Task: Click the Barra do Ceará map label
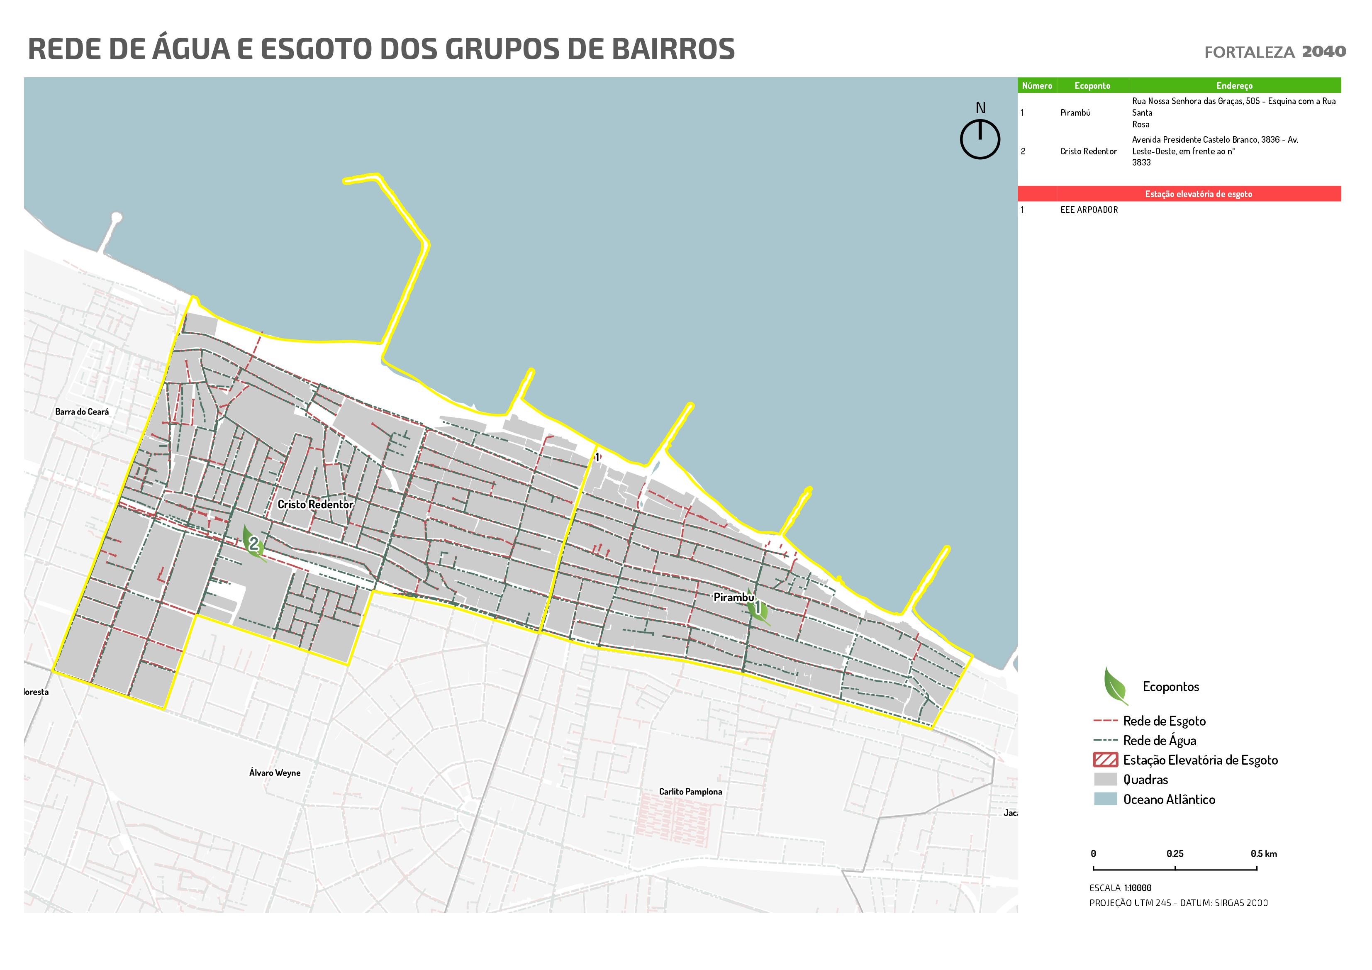(x=82, y=412)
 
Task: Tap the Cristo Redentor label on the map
(x=315, y=504)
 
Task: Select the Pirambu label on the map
(x=733, y=597)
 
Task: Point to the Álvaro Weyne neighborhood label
(x=275, y=773)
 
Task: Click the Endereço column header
(x=1234, y=85)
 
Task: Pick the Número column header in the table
(x=1037, y=85)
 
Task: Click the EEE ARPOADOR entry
(x=1089, y=210)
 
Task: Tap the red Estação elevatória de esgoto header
(x=1198, y=194)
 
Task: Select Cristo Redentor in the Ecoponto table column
(x=1088, y=151)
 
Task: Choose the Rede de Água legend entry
(x=1159, y=741)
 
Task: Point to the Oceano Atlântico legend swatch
(x=1105, y=799)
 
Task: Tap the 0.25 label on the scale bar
(x=1175, y=853)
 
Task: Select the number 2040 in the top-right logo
(x=1323, y=51)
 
